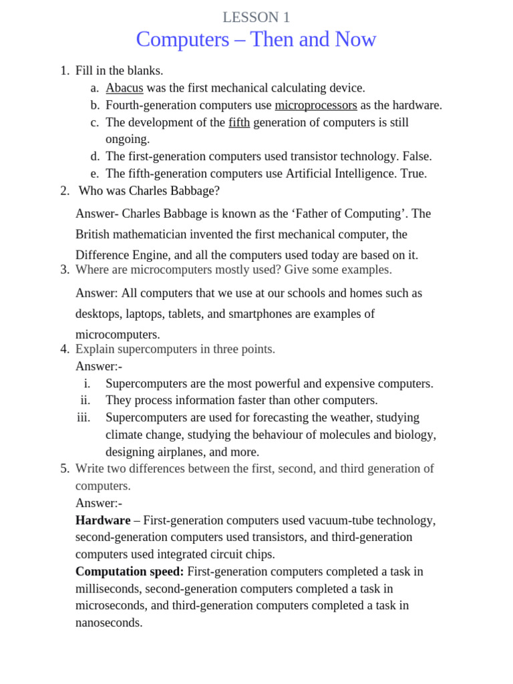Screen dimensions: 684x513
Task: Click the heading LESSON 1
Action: (256, 18)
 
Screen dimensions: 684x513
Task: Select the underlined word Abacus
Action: (124, 88)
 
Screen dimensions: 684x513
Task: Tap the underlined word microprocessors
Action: (316, 105)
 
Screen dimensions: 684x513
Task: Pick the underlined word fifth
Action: (239, 122)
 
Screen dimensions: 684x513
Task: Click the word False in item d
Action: (416, 156)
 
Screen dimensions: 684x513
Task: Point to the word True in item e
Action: (412, 174)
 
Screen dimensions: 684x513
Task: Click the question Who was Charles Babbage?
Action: (149, 191)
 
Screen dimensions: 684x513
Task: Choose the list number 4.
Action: (64, 349)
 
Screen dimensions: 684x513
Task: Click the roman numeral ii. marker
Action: (85, 400)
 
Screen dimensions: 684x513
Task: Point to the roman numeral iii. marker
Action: (83, 417)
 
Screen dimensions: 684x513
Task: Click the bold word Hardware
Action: (103, 520)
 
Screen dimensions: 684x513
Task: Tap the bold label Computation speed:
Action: (130, 572)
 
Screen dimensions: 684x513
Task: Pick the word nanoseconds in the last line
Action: (109, 623)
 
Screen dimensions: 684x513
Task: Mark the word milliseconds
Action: (108, 588)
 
